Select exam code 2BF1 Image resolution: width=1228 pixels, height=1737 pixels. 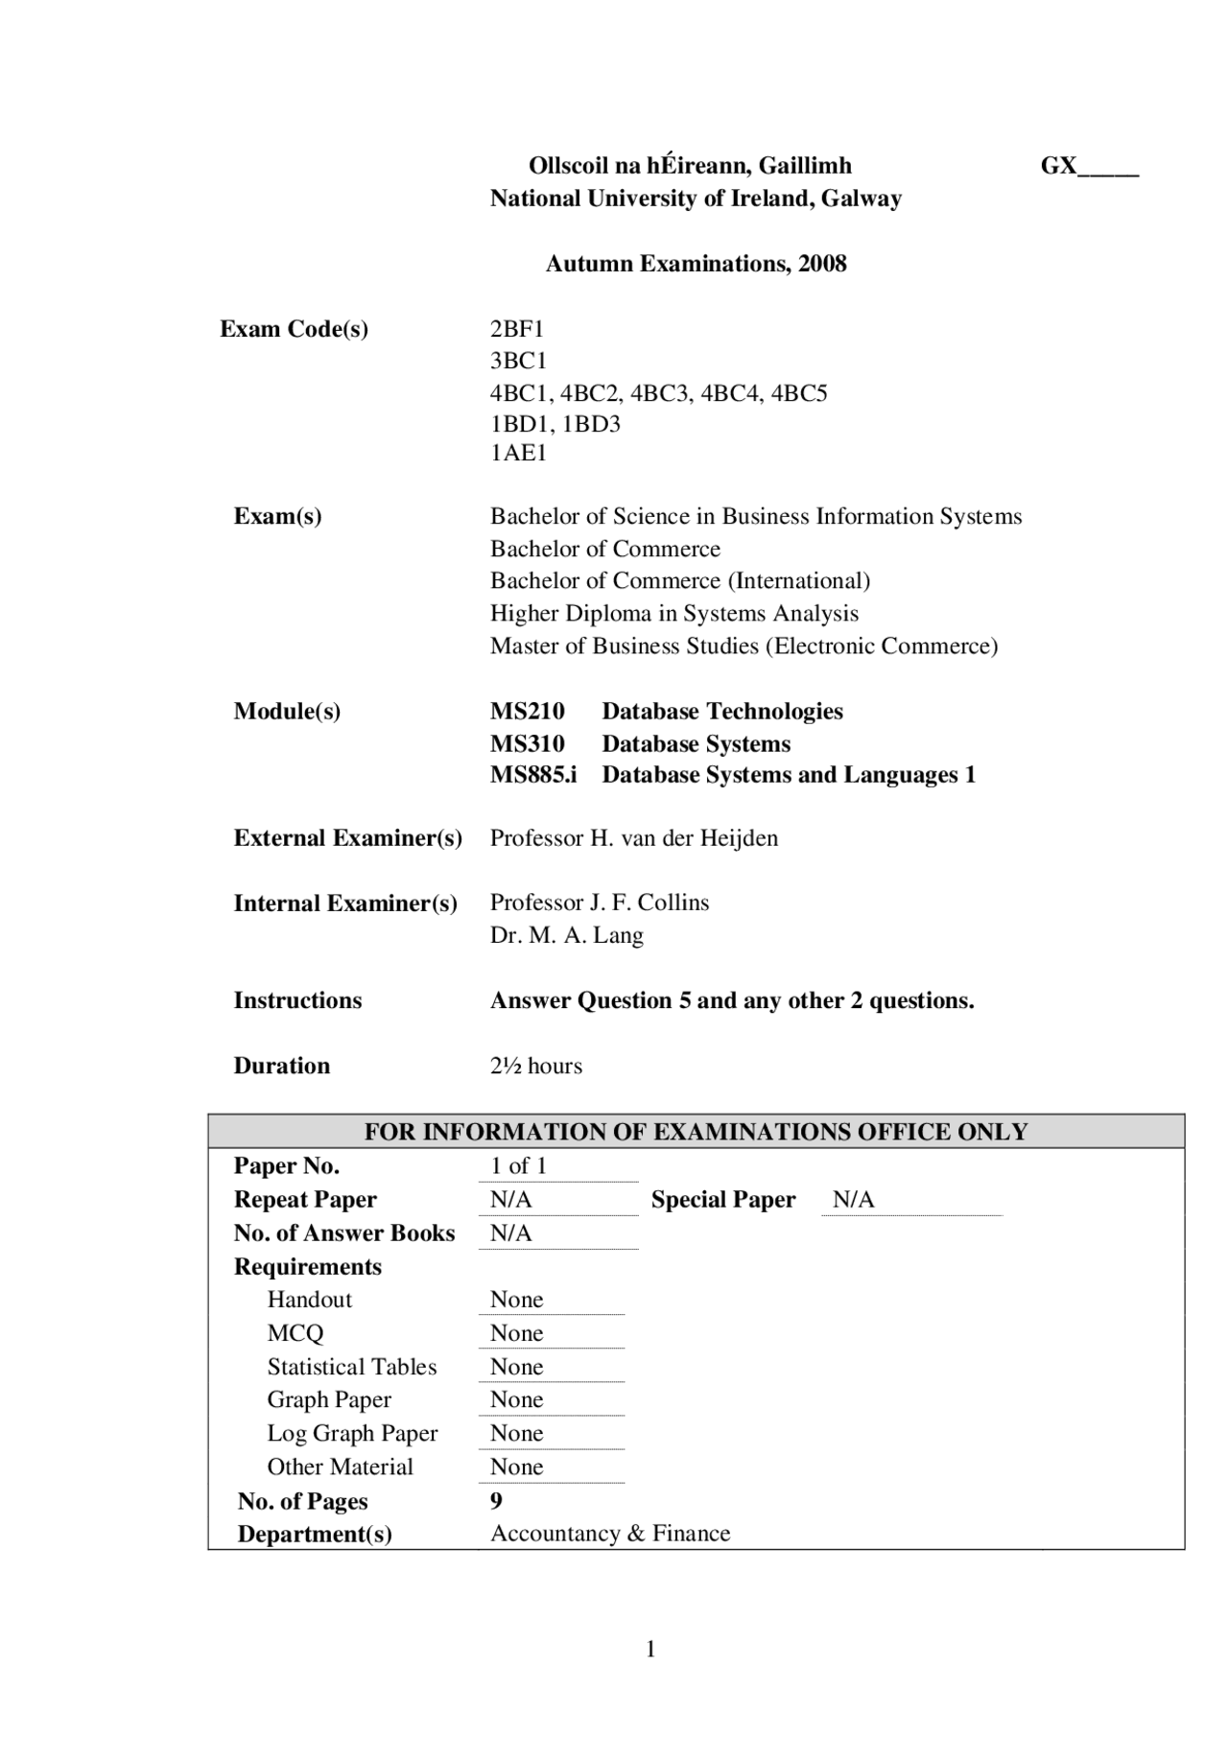point(517,329)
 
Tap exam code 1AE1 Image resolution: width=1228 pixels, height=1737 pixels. point(518,453)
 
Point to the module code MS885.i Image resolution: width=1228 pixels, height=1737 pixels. point(533,775)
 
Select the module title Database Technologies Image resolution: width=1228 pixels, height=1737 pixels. point(721,712)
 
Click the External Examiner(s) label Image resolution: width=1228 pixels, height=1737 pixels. point(347,838)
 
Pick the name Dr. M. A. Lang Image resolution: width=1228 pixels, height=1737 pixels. point(566,935)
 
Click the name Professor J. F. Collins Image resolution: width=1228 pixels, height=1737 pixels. point(600,903)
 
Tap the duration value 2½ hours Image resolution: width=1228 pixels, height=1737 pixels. point(535,1066)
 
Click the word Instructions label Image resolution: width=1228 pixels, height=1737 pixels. point(297,1000)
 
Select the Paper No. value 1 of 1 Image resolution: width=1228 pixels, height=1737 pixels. point(518,1166)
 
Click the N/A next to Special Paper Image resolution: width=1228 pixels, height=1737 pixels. point(853,1200)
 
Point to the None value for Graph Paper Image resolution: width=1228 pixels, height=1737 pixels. point(516,1399)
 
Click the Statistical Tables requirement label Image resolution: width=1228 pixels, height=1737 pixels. point(351,1367)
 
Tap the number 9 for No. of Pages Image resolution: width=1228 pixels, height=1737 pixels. point(496,1500)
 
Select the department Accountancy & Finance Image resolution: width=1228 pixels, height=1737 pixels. point(610,1534)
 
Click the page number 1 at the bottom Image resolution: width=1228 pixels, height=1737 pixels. point(650,1649)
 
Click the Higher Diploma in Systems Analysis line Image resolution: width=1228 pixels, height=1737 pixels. point(673,614)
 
